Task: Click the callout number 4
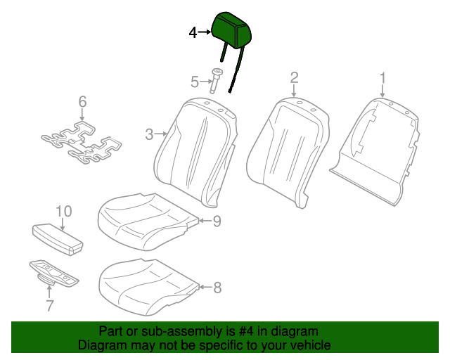point(193,32)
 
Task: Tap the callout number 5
point(195,82)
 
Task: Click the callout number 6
point(82,103)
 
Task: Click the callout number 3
point(149,134)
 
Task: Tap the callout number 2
point(294,77)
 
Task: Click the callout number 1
point(382,77)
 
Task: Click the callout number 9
point(217,221)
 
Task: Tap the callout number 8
point(217,287)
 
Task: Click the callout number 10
point(63,211)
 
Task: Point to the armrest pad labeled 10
point(57,238)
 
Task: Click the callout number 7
point(49,305)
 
